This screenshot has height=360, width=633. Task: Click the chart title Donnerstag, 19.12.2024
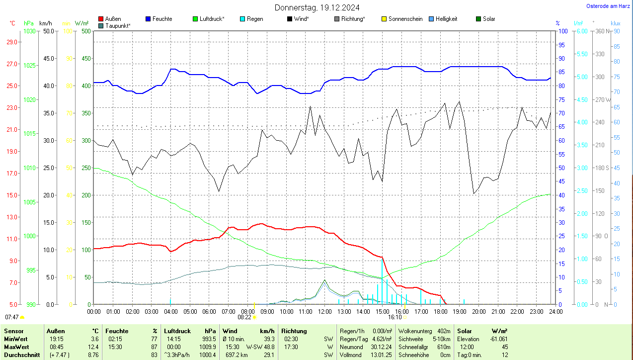317,7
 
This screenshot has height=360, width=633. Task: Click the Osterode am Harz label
609,6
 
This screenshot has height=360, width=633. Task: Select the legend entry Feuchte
162,19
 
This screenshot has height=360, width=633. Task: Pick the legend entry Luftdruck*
212,19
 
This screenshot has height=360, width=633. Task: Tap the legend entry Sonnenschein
405,19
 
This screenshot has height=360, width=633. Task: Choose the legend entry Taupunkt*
118,25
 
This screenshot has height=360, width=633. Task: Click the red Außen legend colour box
101,19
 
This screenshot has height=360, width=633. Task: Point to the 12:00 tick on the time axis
324,311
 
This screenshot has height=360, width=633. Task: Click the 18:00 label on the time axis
440,311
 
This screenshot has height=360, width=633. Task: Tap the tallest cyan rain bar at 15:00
382,280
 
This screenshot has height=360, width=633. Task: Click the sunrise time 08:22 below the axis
244,317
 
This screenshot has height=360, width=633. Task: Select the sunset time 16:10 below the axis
395,317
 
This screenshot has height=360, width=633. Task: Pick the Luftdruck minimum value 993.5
209,339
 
